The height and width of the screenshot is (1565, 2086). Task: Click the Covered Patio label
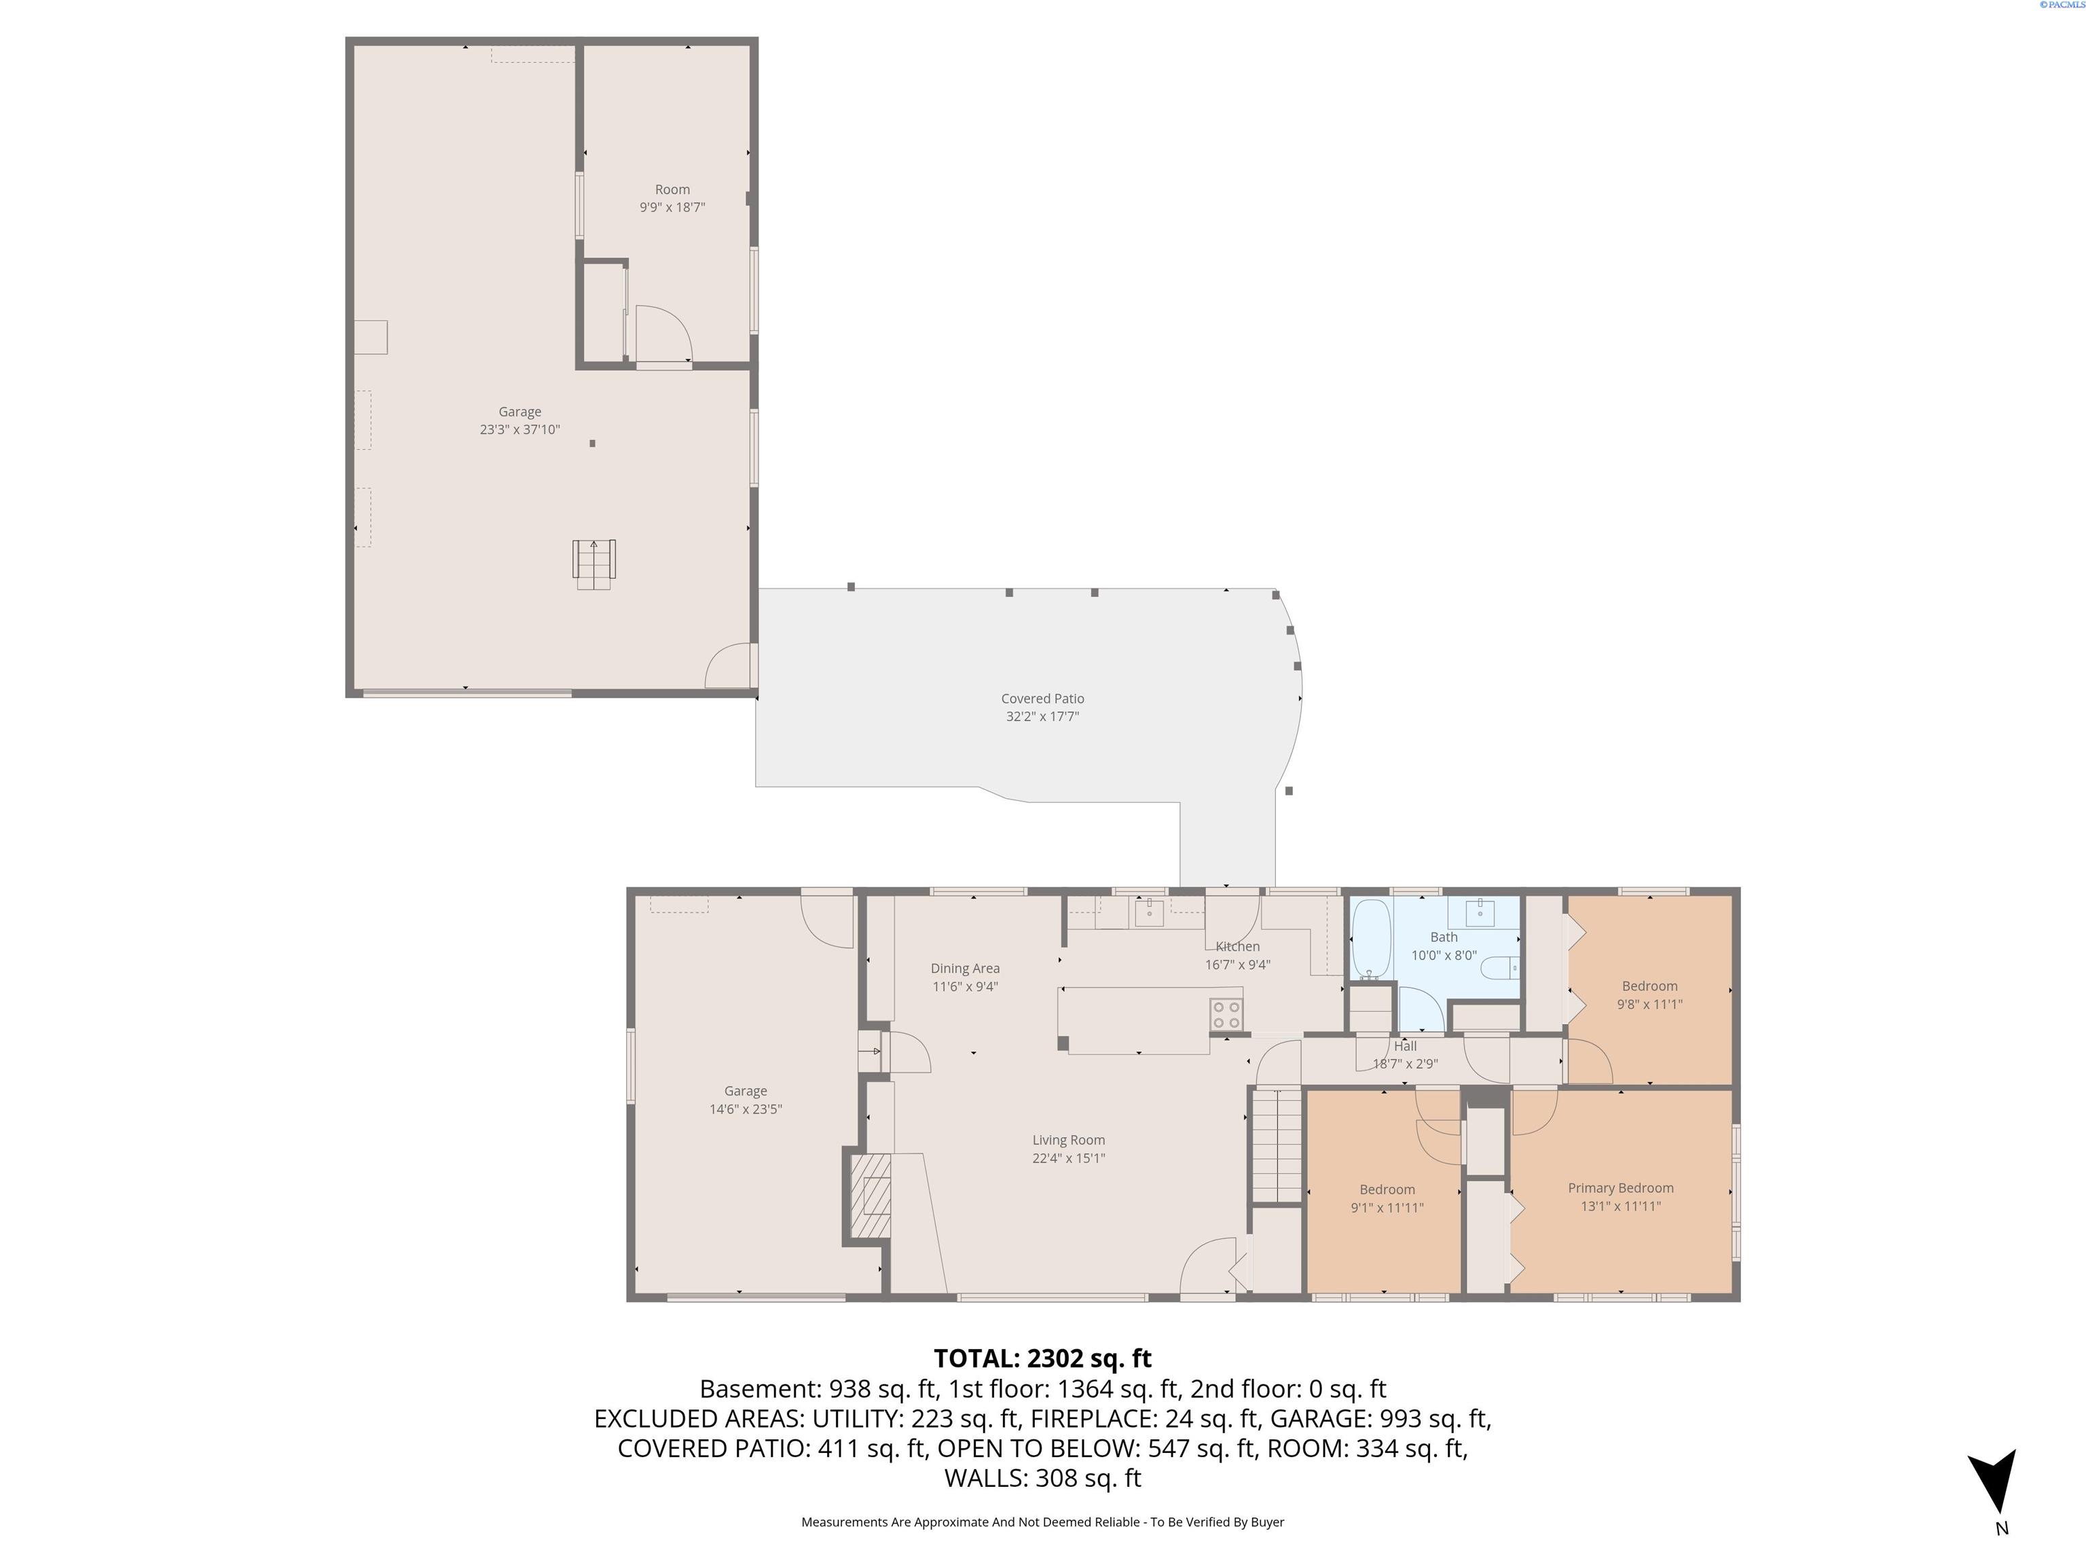tap(1042, 699)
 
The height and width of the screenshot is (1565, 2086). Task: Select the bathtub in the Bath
tap(1371, 939)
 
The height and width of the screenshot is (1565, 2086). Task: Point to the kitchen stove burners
tap(1226, 1015)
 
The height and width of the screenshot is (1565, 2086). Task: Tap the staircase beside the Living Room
tap(1277, 1146)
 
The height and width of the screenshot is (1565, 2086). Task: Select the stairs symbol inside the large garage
tap(594, 564)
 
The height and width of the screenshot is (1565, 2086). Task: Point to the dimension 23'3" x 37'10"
tap(519, 429)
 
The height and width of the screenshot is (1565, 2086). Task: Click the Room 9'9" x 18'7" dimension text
tap(672, 206)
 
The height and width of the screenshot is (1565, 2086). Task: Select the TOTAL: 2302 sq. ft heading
tap(1042, 1359)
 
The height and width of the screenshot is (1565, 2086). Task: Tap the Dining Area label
tap(965, 969)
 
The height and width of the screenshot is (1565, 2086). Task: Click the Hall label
tap(1405, 1046)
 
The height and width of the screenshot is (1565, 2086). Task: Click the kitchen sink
tap(1149, 912)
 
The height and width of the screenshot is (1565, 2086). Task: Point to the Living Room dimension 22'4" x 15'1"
tap(1067, 1158)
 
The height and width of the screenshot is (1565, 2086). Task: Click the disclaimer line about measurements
tap(1042, 1522)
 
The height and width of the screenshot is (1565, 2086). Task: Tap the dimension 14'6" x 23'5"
tap(745, 1109)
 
